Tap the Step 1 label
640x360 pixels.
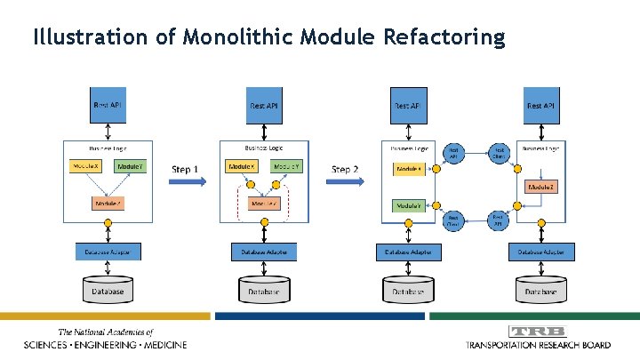pos(185,168)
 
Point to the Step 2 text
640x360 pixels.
pos(345,168)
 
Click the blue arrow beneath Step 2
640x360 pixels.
pos(348,181)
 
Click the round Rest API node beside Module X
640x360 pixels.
pos(452,153)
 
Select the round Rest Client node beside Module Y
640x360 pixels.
pos(452,219)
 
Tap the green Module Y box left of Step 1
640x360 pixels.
pos(130,166)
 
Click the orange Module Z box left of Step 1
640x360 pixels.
pos(108,204)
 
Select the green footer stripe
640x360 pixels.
pos(533,316)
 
